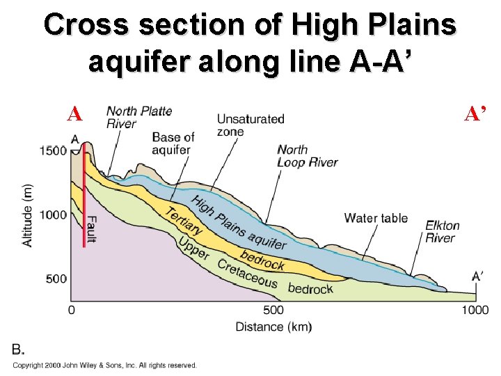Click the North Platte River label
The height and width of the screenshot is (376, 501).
138,117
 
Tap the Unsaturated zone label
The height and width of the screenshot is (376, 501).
250,125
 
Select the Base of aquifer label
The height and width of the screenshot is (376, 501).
173,143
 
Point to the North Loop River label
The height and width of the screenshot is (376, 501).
307,156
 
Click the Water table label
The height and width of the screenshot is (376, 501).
376,218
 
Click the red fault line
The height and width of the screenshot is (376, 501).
85,202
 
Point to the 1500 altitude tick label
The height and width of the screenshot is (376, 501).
53,150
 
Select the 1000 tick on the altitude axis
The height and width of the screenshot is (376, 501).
53,215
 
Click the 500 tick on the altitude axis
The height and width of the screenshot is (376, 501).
56,279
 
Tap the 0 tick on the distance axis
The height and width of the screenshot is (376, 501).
72,310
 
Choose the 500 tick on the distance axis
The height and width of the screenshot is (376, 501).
273,310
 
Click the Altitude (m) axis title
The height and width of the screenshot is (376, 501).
29,214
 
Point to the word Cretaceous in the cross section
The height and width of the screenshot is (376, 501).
247,274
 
